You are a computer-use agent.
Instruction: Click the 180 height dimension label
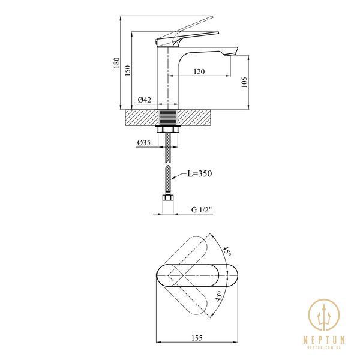116,62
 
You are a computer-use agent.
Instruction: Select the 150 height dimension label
128,70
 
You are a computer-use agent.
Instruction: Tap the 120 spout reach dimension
199,71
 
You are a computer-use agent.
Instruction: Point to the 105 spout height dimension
244,82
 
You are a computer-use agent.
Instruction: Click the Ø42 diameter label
145,100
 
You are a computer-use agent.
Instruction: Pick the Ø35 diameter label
144,143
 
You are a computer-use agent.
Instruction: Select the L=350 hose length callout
200,173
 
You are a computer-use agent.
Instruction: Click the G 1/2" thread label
202,210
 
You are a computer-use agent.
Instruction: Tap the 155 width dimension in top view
197,338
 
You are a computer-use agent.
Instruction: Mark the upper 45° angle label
227,252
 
